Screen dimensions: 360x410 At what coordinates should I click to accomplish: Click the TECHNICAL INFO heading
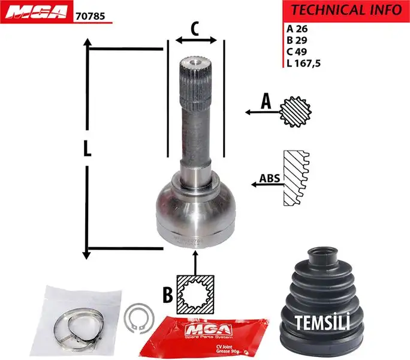click(x=346, y=10)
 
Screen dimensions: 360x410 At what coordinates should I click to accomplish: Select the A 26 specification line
click(x=297, y=29)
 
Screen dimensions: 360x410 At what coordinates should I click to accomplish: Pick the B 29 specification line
click(x=297, y=40)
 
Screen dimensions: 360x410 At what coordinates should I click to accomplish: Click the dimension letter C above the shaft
click(x=195, y=28)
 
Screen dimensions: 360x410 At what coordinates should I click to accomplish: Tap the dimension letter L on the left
click(x=88, y=149)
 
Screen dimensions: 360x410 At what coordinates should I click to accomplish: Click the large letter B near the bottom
click(x=168, y=295)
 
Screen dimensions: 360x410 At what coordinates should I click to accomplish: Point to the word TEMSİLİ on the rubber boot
click(x=322, y=322)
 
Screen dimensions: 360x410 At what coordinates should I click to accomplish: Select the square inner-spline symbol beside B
click(x=196, y=295)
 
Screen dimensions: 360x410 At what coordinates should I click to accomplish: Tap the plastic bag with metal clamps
click(x=73, y=321)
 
